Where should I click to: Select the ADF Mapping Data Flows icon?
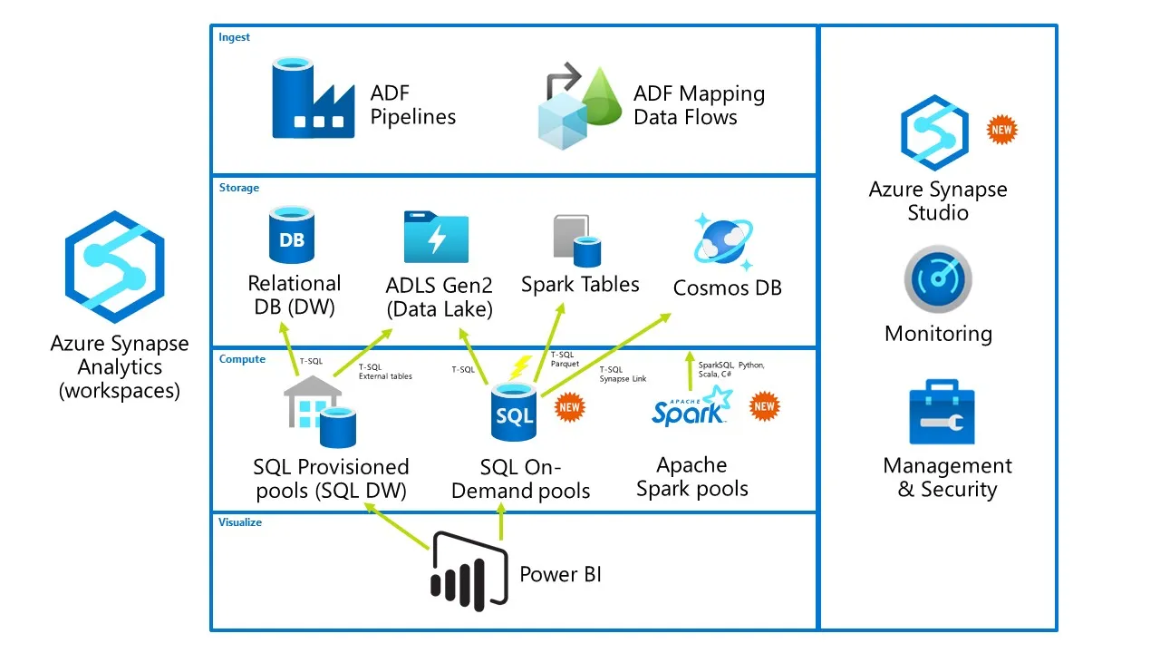click(576, 106)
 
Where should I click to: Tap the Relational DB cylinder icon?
click(291, 236)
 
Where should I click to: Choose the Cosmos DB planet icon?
click(723, 241)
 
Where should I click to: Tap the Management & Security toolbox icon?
click(942, 414)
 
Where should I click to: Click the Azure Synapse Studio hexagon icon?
click(933, 132)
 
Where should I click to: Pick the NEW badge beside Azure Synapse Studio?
click(1001, 130)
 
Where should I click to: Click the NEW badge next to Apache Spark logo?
click(764, 406)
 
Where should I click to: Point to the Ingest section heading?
click(234, 37)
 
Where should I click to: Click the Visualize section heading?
click(240, 522)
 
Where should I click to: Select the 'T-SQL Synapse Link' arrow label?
click(623, 374)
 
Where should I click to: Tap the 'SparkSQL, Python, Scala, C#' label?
click(730, 369)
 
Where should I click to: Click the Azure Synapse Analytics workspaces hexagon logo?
click(115, 267)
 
